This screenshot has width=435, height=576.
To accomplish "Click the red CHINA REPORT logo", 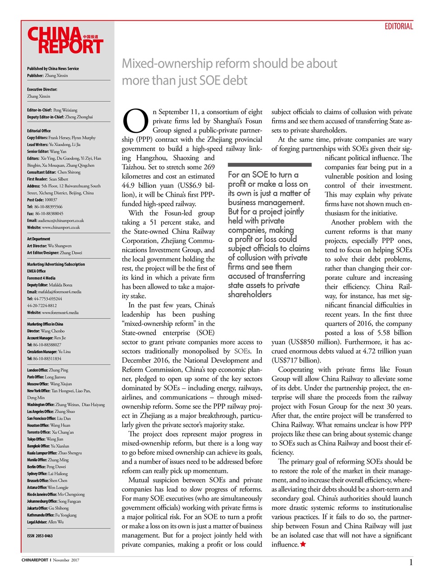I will [x=65, y=40].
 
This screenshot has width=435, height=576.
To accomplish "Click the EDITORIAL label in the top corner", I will [x=398, y=27].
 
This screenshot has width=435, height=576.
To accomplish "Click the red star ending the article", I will [x=303, y=544].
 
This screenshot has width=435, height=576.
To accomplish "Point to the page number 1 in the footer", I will [x=411, y=562].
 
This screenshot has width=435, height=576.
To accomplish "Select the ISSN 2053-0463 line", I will [x=40, y=536].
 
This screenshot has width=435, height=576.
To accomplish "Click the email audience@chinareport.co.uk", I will [x=55, y=220].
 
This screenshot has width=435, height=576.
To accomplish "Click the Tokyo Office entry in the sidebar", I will [x=45, y=439].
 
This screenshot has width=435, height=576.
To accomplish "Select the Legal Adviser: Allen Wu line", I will [x=45, y=522].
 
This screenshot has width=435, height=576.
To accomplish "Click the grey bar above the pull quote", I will [x=269, y=165].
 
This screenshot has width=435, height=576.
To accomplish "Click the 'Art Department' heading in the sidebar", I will [x=39, y=239].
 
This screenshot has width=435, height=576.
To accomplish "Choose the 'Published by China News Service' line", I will [x=53, y=69].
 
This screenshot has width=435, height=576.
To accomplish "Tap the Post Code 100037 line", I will [x=42, y=200].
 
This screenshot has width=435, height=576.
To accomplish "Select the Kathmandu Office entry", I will [x=52, y=515].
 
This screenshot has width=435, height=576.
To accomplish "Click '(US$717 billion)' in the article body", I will [x=296, y=360].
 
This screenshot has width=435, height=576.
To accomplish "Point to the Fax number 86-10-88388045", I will [x=45, y=214].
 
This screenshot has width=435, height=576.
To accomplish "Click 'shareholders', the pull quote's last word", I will [x=250, y=295].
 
